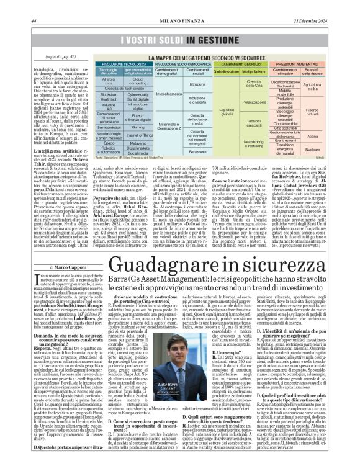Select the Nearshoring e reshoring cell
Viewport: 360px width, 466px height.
click(253, 142)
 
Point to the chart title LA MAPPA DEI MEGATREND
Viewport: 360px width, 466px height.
click(208, 55)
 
